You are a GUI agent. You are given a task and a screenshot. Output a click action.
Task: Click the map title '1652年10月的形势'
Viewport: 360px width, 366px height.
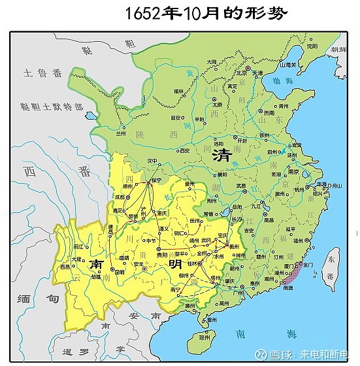(197, 14)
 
